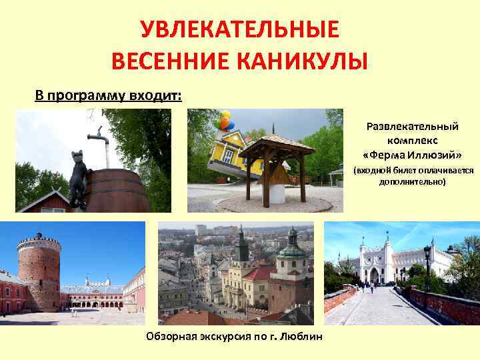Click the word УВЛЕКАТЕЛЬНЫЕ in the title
[240, 30]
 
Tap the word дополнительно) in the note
[413, 181]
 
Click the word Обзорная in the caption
[169, 337]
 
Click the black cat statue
[79, 175]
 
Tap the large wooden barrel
[120, 189]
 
